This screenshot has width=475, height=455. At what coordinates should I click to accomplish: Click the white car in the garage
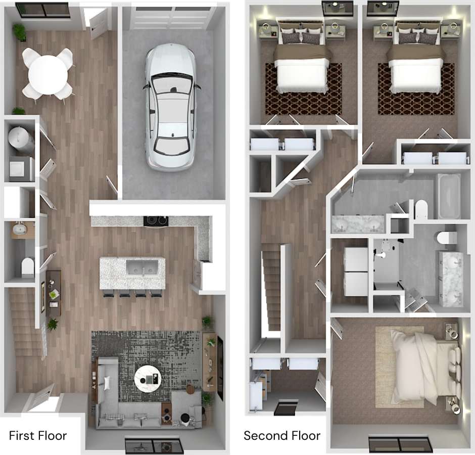tap(170, 107)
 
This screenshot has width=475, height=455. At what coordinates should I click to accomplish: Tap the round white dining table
tap(47, 74)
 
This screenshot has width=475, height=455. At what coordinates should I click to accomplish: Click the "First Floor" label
tap(38, 435)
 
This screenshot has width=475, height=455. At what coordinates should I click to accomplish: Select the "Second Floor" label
tap(282, 435)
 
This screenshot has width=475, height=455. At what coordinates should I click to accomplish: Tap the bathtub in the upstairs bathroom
tap(449, 196)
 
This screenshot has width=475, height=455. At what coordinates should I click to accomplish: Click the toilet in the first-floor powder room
tap(28, 266)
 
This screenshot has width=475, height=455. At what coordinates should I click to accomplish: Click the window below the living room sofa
tap(154, 444)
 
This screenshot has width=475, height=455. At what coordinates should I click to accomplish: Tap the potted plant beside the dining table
tap(20, 32)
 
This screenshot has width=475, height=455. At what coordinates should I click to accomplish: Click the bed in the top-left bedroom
tap(303, 66)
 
